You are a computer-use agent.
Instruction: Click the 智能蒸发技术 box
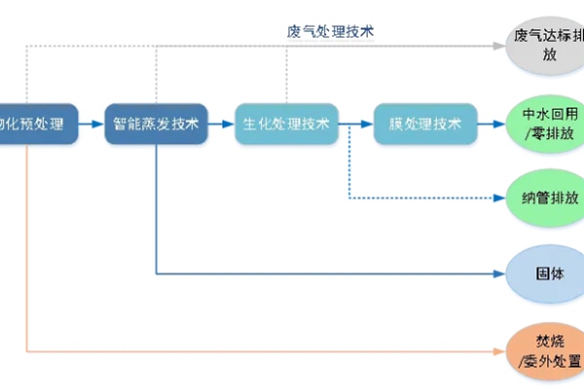point(156,124)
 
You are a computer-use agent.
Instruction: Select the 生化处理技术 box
point(286,124)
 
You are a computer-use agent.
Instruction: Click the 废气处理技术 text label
point(331,30)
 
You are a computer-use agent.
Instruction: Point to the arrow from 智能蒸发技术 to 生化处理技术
point(222,124)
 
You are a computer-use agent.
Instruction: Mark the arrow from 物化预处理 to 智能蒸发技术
point(90,124)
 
